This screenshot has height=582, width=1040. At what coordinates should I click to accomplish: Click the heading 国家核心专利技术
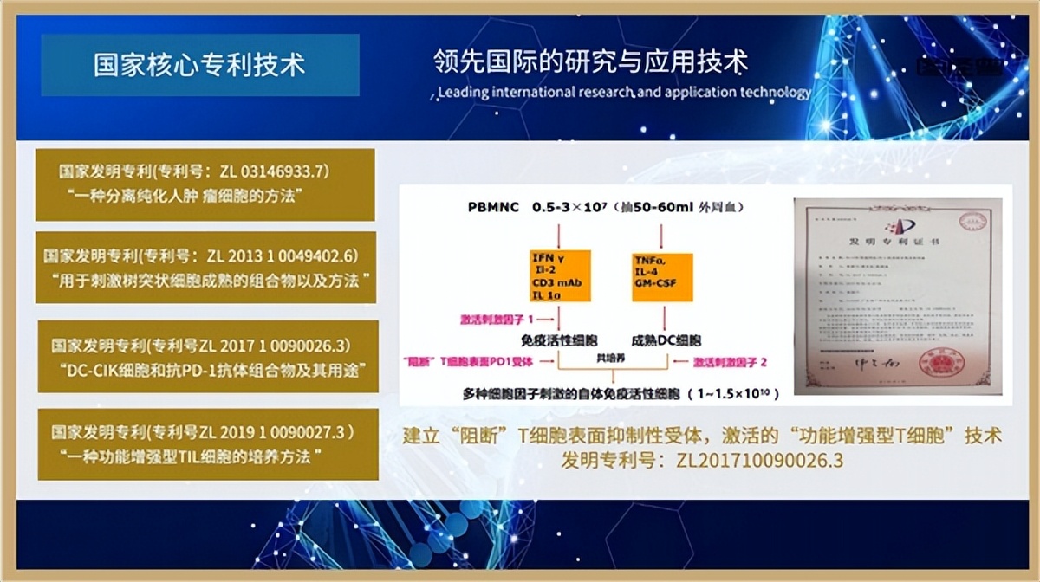tap(199, 65)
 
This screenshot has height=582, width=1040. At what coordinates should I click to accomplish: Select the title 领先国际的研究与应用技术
tap(590, 61)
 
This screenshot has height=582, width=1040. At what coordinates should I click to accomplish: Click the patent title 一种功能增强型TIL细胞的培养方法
tap(186, 456)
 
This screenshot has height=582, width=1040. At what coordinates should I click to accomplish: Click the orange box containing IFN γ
tap(560, 276)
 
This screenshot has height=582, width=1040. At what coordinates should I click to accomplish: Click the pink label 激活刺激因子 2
tap(730, 358)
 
